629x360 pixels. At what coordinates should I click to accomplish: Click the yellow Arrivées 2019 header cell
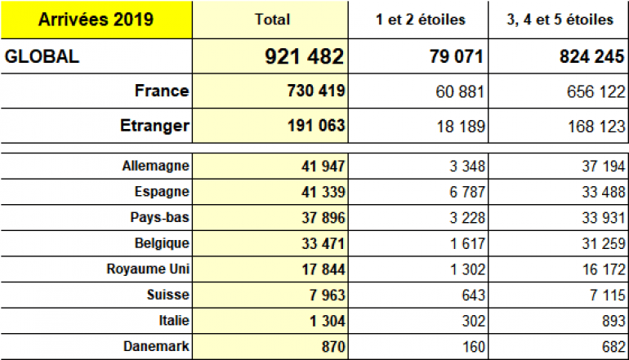coord(96,19)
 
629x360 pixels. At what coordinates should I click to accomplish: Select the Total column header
coord(272,20)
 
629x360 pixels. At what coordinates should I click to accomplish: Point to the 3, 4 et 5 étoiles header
coord(559,20)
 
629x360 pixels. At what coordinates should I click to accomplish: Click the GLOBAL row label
coord(42,57)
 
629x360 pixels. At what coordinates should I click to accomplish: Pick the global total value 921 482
coord(304,57)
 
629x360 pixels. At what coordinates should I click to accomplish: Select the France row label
coord(162,91)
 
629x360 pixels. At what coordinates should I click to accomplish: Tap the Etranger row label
coord(154,126)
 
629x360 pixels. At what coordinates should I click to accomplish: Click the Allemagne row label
coord(154,166)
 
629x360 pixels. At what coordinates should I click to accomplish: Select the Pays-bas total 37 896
coord(323,218)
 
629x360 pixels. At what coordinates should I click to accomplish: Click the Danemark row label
coord(154,346)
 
